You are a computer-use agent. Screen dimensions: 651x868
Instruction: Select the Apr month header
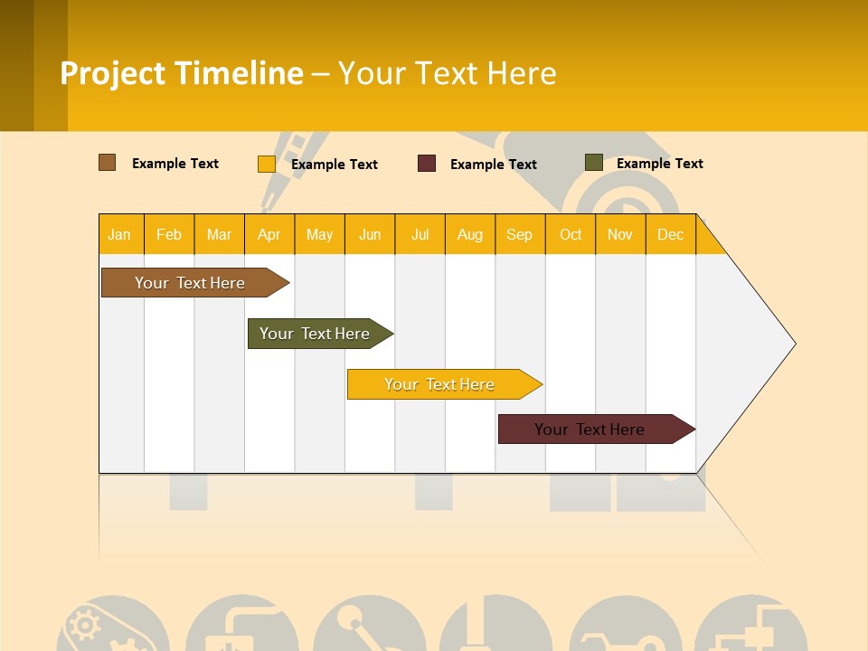pyautogui.click(x=269, y=234)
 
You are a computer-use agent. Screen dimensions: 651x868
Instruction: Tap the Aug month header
pyautogui.click(x=470, y=234)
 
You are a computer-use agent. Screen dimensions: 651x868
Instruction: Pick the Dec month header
pyautogui.click(x=670, y=234)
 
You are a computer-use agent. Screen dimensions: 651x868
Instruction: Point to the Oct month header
pyautogui.click(x=571, y=234)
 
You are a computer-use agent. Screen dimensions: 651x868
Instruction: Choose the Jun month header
pyautogui.click(x=370, y=234)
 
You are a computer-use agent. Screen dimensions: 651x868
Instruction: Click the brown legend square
pyautogui.click(x=107, y=163)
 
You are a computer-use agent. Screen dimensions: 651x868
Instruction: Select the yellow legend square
pyautogui.click(x=266, y=164)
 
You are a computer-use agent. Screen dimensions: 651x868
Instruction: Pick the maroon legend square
pyautogui.click(x=427, y=164)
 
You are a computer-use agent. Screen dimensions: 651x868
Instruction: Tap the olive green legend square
pyautogui.click(x=593, y=163)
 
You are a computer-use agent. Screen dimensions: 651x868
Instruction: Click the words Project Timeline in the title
pyautogui.click(x=181, y=73)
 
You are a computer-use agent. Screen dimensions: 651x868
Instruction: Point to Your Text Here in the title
pyautogui.click(x=447, y=73)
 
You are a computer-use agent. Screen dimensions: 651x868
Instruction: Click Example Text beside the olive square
pyautogui.click(x=659, y=164)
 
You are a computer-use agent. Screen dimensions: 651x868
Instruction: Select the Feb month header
pyautogui.click(x=169, y=234)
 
